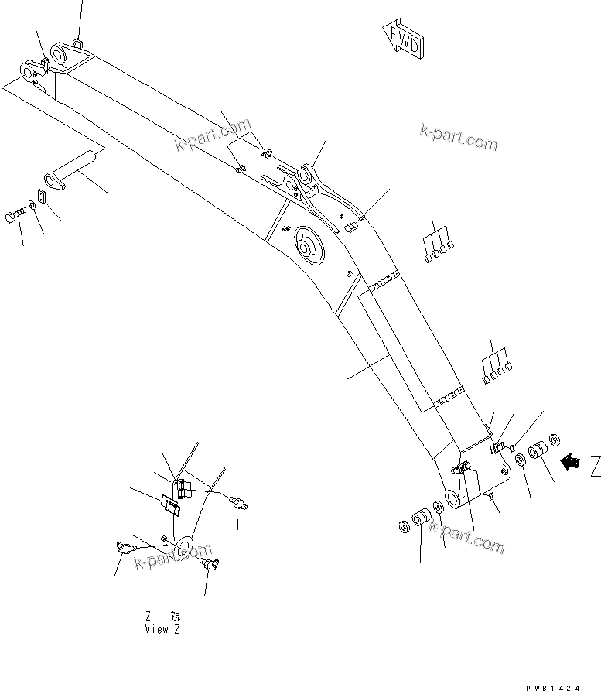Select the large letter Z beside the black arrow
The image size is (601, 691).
593,466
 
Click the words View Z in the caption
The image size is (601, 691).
163,628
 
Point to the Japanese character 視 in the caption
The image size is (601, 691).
176,616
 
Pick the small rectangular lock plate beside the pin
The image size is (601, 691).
42,197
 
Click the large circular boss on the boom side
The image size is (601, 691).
310,248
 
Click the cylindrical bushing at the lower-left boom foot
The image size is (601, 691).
422,518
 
